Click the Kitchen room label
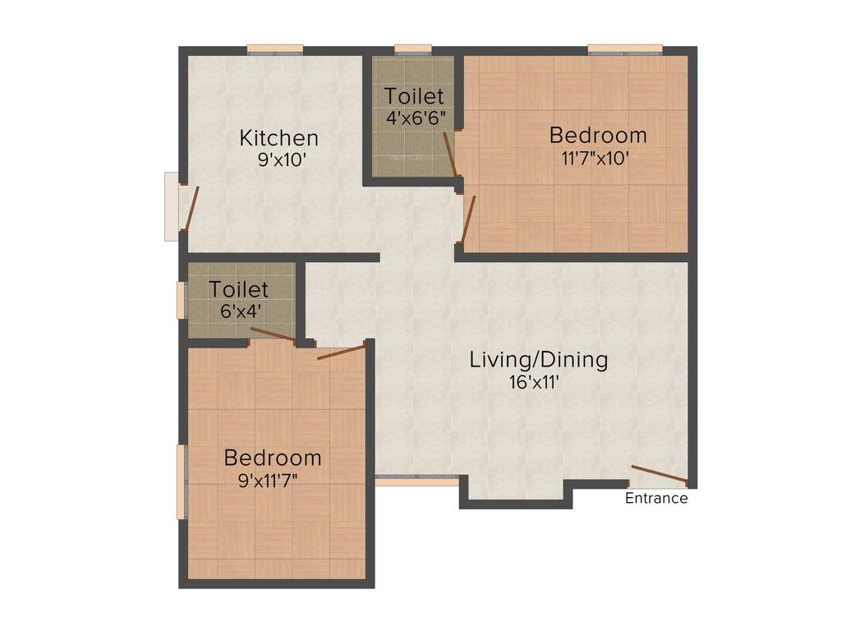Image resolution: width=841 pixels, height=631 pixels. point(278,137)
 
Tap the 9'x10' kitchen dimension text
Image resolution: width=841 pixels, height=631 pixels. point(282,159)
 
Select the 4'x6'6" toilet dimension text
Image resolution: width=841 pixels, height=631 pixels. point(416,117)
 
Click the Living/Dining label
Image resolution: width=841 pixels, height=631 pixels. point(539,360)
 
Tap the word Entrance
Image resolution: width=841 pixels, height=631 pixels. point(656,498)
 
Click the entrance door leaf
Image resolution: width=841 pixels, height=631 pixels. point(659,474)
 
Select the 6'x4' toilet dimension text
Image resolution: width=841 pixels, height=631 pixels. point(238,311)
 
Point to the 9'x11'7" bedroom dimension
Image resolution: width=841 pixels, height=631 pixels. point(268,480)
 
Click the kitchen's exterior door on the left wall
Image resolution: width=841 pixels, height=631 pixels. point(191,207)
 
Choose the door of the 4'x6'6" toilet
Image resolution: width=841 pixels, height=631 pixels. point(449,154)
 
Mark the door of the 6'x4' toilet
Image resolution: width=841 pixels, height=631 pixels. point(273,334)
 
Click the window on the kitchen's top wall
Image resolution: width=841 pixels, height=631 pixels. point(275,49)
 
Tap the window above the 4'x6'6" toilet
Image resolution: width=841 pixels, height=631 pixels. point(413,49)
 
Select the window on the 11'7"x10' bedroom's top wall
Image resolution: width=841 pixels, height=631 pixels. point(625,49)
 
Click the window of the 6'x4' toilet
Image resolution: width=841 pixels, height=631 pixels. point(182,300)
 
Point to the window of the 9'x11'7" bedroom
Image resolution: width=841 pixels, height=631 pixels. point(182,481)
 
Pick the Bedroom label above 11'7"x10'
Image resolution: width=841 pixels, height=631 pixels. point(598,135)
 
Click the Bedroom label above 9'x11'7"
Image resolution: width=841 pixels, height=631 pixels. point(273,458)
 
